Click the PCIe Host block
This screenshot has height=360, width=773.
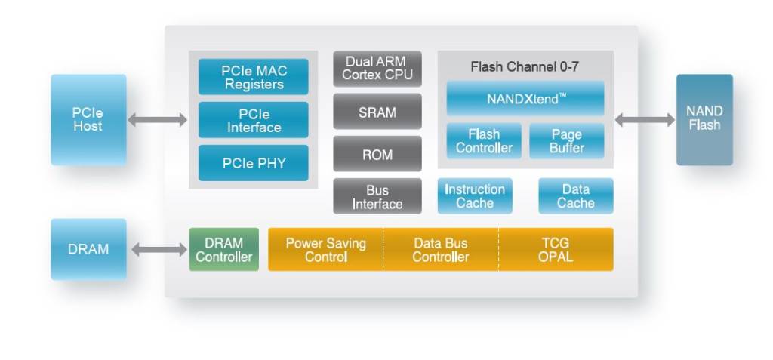(x=89, y=120)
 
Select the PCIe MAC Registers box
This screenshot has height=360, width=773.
(x=254, y=77)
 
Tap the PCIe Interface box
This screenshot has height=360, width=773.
(x=254, y=120)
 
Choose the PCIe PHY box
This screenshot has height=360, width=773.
(x=254, y=163)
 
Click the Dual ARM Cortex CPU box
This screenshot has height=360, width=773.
(x=377, y=69)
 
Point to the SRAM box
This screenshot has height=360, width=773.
(x=377, y=112)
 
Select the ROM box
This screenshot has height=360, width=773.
(x=377, y=154)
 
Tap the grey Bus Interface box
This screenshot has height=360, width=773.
(x=377, y=196)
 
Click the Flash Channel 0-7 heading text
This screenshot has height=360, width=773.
(x=525, y=66)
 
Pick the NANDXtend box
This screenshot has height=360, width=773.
(x=525, y=99)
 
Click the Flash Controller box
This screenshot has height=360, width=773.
(x=484, y=141)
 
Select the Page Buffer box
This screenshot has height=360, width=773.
(x=567, y=141)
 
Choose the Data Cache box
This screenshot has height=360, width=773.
(x=576, y=196)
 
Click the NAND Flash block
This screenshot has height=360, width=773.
(x=704, y=120)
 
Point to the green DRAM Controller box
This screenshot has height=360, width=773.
(x=223, y=250)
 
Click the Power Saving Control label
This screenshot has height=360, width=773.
(x=326, y=250)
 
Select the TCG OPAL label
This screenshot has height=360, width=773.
(x=556, y=250)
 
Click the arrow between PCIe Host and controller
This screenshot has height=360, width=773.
(x=158, y=120)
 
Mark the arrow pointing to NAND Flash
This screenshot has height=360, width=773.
(x=645, y=120)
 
